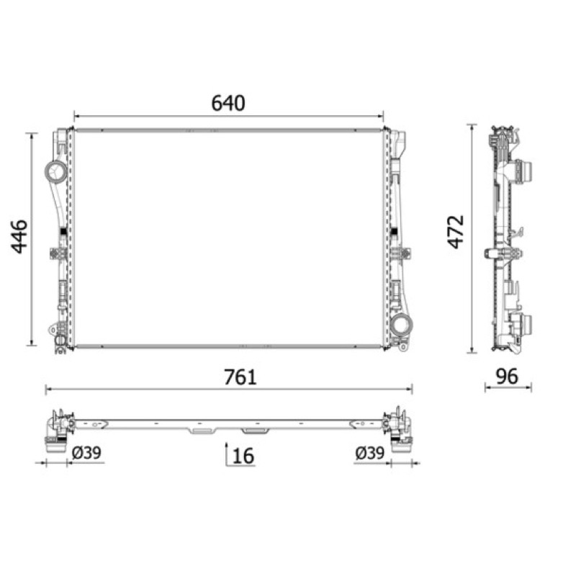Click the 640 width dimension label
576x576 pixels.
228,103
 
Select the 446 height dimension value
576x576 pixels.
19,237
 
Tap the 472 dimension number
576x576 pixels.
456,232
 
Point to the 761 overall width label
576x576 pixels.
240,377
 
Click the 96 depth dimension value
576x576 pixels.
507,376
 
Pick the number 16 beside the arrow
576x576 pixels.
243,456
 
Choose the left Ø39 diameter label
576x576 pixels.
86,453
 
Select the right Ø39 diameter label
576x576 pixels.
369,453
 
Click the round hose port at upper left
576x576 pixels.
56,171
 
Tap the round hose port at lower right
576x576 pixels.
401,325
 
